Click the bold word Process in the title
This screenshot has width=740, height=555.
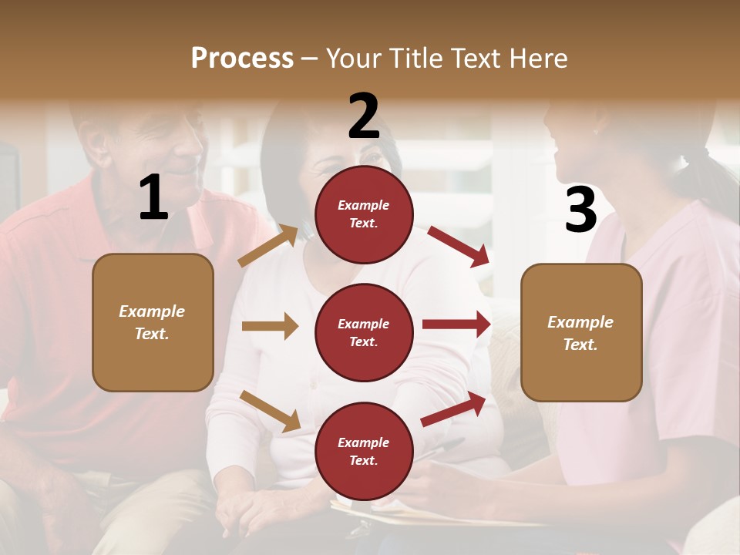[x=242, y=59]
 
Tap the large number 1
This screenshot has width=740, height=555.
[x=153, y=198]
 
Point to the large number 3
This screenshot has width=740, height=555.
[x=580, y=210]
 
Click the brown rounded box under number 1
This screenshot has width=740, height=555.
[x=153, y=322]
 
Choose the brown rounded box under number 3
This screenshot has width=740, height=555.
[x=581, y=332]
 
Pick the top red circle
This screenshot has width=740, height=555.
[x=364, y=214]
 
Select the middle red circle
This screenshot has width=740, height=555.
[x=364, y=332]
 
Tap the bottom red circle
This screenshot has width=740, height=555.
[x=364, y=451]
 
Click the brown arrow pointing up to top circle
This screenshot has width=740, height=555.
[x=268, y=245]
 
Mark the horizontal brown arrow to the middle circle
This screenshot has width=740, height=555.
[x=270, y=326]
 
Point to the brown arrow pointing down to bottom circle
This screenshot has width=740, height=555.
[x=270, y=411]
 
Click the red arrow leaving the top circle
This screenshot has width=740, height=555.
[x=458, y=246]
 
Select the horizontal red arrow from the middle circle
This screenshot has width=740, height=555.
[x=456, y=325]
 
